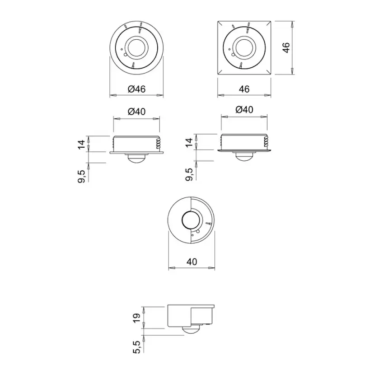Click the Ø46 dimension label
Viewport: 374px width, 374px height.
pyautogui.click(x=136, y=89)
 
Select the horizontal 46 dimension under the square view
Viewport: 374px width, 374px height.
pyautogui.click(x=244, y=89)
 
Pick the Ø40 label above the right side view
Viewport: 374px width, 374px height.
pyautogui.click(x=244, y=110)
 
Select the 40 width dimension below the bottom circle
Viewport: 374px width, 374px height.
pyautogui.click(x=192, y=262)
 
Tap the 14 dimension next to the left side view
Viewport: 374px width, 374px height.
pyautogui.click(x=82, y=144)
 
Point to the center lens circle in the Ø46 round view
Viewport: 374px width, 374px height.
pyautogui.click(x=137, y=47)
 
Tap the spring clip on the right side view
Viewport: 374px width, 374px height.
pyautogui.click(x=266, y=142)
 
